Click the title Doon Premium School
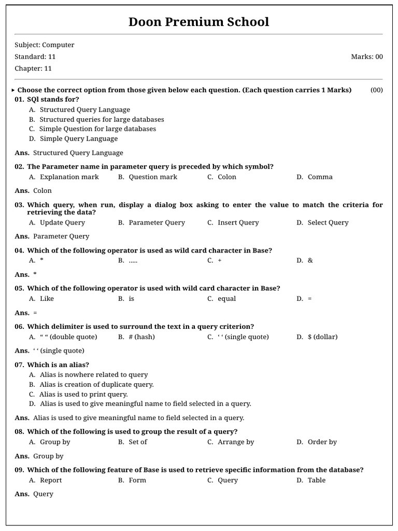pos(199,22)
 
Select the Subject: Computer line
pos(45,45)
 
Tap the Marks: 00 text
pos(367,57)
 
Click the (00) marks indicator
pos(377,90)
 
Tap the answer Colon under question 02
pos(42,191)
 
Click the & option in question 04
pos(310,261)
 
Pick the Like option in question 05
pos(47,299)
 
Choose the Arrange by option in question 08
pos(236,442)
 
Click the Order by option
pos(322,442)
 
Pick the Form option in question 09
pos(137,481)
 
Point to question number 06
pos(20,327)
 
